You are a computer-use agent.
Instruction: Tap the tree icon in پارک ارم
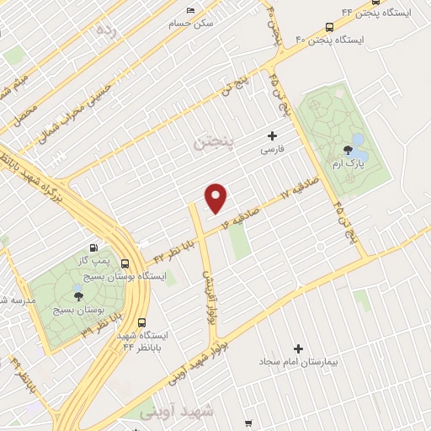coord(347,151)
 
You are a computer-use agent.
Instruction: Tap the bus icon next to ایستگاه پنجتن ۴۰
coord(328,26)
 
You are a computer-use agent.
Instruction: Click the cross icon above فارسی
coord(271,135)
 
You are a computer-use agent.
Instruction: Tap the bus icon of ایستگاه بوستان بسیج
coord(125,263)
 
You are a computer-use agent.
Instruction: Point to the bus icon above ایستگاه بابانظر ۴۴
coord(141,322)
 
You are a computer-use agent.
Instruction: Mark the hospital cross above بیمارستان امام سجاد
coord(297,348)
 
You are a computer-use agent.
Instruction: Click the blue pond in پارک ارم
coord(357,140)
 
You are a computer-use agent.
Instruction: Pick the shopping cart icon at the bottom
coord(247,423)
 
